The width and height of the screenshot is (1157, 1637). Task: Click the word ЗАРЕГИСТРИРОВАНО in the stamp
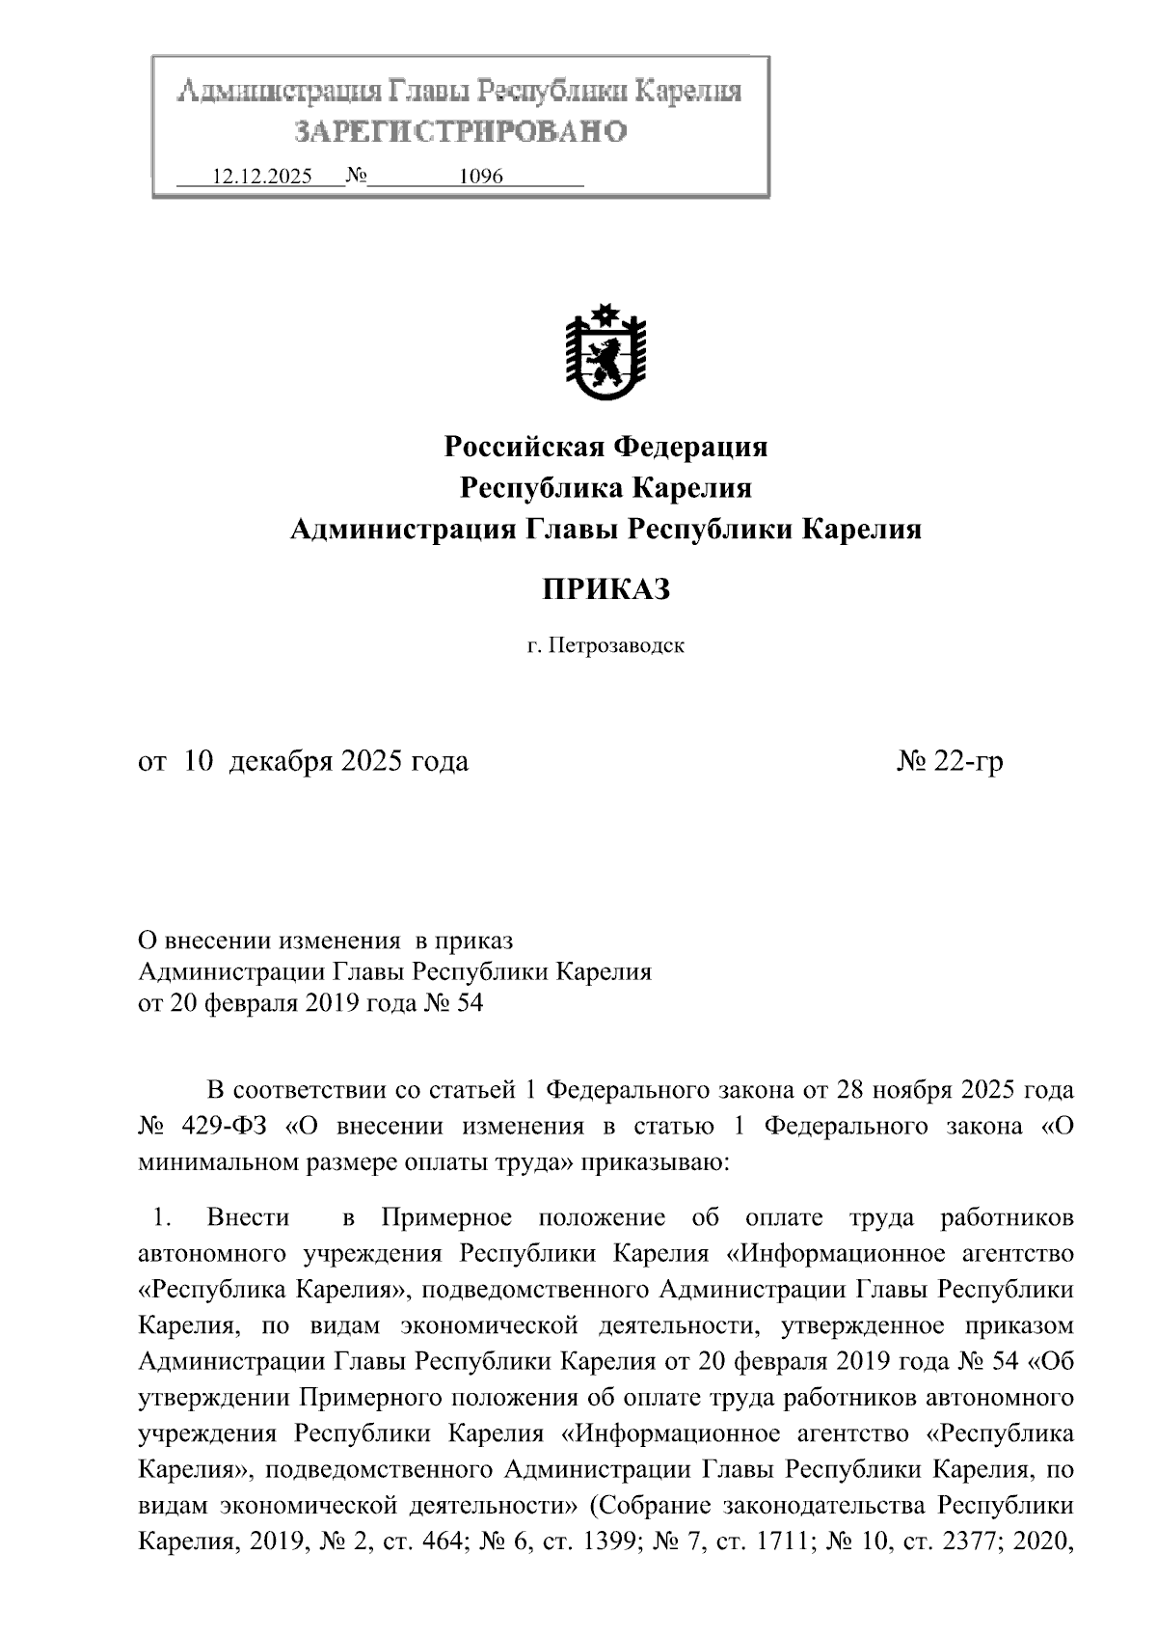pyautogui.click(x=460, y=131)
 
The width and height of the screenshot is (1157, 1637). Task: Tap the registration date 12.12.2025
pyautogui.click(x=261, y=177)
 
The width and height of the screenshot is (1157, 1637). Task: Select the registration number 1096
pyautogui.click(x=481, y=177)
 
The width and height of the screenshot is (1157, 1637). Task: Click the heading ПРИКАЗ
pyautogui.click(x=605, y=589)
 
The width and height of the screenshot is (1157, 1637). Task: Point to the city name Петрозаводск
pyautogui.click(x=617, y=645)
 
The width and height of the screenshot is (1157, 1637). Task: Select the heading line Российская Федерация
pyautogui.click(x=605, y=447)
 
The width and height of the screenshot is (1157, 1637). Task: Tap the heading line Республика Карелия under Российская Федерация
pyautogui.click(x=605, y=488)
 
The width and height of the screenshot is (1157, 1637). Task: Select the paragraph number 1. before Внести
pyautogui.click(x=161, y=1218)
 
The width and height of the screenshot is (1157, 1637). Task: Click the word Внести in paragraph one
pyautogui.click(x=248, y=1218)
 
